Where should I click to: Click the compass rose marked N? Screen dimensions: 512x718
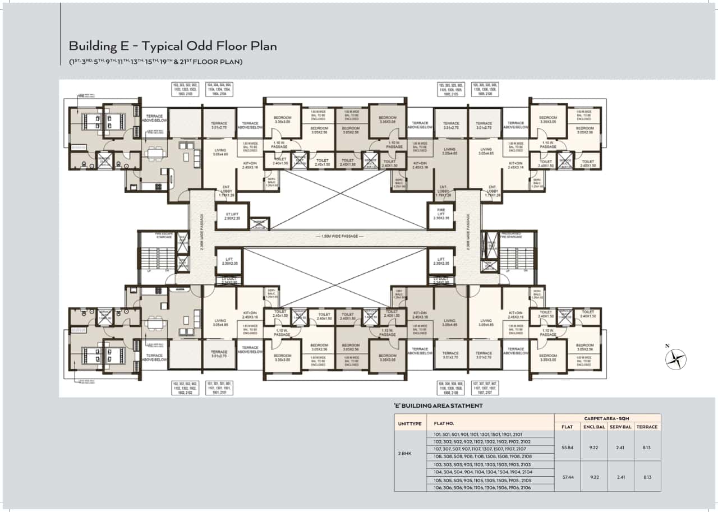point(676,359)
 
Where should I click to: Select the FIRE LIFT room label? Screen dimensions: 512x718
point(440,213)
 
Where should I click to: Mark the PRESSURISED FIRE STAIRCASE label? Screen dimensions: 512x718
point(512,236)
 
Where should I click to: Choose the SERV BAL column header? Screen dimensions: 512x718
point(621,427)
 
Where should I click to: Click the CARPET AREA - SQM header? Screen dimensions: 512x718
point(607,418)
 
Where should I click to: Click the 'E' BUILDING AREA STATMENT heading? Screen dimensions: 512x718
point(438,405)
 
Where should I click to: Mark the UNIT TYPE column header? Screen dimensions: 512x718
point(409,423)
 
